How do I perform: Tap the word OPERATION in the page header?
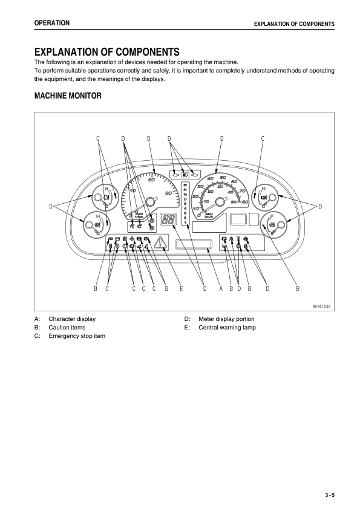[x=52, y=23]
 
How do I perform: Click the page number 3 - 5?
[x=329, y=495]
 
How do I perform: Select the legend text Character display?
[x=72, y=319]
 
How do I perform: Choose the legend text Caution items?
[x=67, y=327]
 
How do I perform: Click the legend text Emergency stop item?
[x=77, y=336]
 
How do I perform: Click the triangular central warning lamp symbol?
[x=162, y=244]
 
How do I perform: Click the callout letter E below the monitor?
[x=181, y=289]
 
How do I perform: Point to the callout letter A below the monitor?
[x=221, y=289]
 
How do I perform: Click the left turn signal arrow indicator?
[x=175, y=174]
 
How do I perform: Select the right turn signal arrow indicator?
[x=195, y=174]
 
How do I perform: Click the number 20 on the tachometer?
[x=151, y=180]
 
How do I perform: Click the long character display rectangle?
[x=193, y=244]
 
